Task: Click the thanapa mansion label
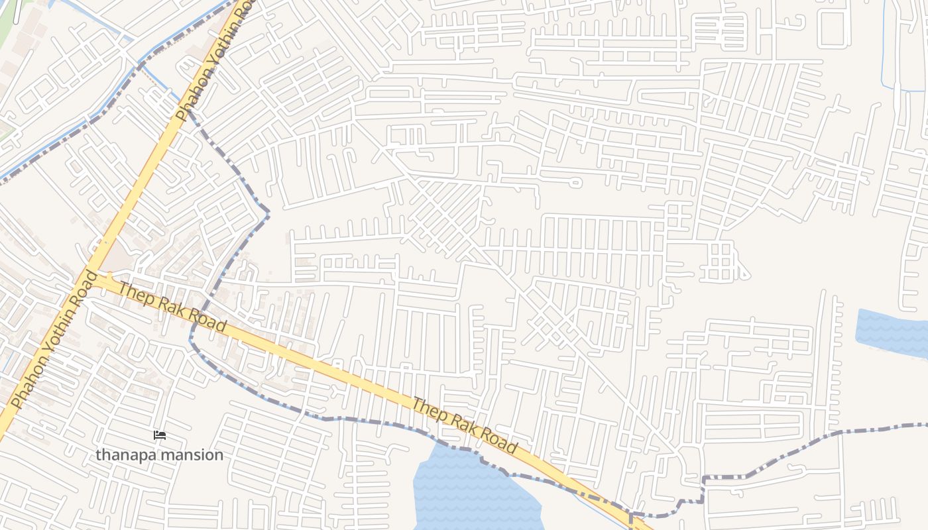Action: click(159, 455)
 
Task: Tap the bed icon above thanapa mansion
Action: click(159, 435)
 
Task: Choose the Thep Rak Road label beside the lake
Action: click(464, 425)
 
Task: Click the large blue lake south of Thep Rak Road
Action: click(471, 494)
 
